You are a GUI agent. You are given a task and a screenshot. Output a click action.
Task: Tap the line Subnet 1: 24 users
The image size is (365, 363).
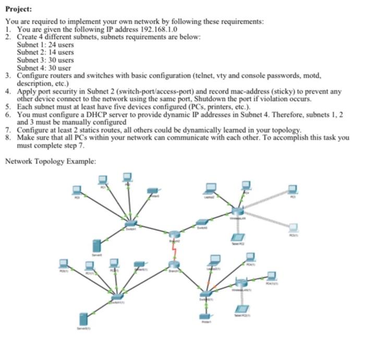[x=45, y=45]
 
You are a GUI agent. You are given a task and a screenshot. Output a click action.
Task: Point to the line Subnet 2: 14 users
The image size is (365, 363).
[x=45, y=53]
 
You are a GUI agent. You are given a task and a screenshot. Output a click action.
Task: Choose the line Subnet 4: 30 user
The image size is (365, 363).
[x=44, y=68]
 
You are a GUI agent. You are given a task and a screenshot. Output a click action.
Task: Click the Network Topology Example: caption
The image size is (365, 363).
[x=51, y=161]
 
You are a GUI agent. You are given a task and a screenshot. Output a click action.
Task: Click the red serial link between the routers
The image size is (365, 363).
[x=176, y=252]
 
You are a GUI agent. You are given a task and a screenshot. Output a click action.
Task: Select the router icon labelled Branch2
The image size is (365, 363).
[x=174, y=235]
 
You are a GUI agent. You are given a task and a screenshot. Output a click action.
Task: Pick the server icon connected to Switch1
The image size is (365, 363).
[x=96, y=246]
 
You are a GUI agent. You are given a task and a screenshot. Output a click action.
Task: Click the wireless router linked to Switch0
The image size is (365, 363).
[x=237, y=210]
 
